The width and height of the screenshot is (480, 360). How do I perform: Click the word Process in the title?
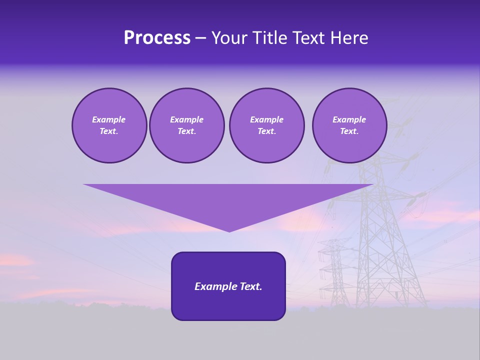157,38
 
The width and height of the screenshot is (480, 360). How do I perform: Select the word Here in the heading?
349,38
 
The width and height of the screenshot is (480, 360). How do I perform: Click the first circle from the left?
109,125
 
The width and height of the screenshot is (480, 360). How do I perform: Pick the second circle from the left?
186,125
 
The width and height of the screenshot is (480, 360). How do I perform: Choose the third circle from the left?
266,125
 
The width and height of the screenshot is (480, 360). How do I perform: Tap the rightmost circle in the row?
349,125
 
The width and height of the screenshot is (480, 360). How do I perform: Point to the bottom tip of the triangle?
229,231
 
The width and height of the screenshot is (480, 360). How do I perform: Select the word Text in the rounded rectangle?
251,286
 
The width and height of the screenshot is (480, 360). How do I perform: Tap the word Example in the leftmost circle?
109,119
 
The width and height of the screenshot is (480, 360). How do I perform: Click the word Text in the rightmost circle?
349,131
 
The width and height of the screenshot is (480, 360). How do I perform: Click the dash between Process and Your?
201,38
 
